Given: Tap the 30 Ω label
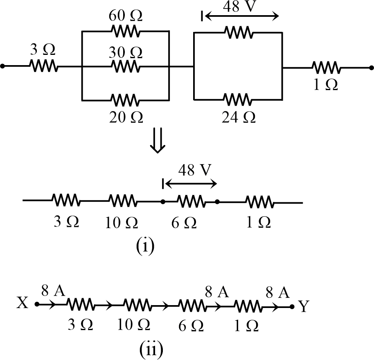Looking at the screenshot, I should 126,52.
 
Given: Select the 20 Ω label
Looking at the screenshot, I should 126,117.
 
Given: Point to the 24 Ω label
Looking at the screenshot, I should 238,117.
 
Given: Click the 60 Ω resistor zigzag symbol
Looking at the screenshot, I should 126,31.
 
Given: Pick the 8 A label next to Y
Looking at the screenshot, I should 278,292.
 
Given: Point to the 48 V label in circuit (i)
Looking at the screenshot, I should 191,171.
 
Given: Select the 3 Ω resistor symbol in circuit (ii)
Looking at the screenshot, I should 81,305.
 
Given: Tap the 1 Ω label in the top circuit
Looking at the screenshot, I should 325,84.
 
